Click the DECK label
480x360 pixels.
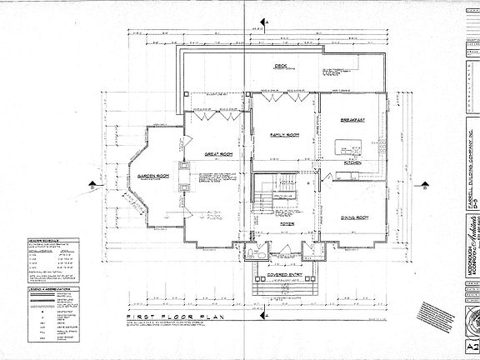click(x=281, y=66)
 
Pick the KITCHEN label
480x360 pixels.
click(x=353, y=163)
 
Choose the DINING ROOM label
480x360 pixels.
click(x=355, y=217)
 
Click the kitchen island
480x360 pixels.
click(x=345, y=148)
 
